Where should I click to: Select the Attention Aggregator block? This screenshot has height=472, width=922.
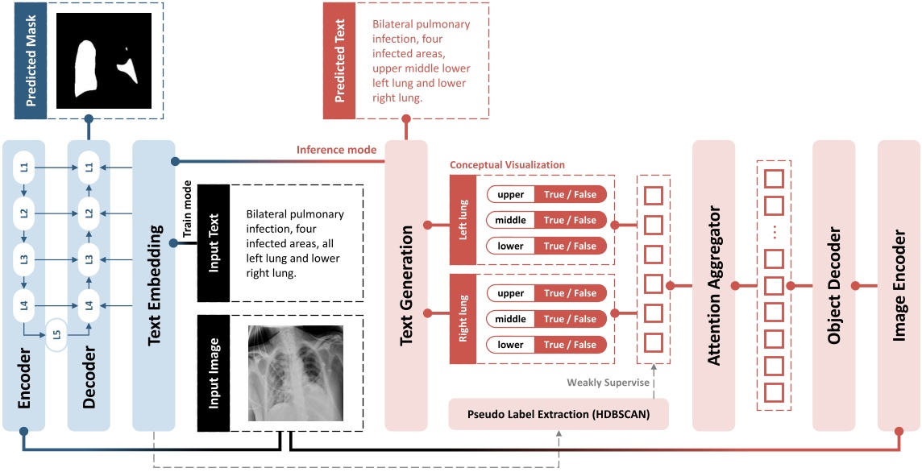click(x=713, y=285)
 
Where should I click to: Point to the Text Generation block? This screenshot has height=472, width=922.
click(x=406, y=285)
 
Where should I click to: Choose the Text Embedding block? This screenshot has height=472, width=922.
click(x=153, y=285)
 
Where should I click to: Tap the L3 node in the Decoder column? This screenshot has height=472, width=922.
click(x=89, y=259)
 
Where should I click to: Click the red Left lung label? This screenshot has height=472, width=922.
click(x=464, y=220)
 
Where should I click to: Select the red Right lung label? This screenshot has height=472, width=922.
click(x=464, y=319)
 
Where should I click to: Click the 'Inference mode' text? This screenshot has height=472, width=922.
click(x=336, y=150)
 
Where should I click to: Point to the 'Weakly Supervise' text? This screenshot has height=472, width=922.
click(x=608, y=383)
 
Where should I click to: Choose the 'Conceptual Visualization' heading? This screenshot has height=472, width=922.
click(x=507, y=165)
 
